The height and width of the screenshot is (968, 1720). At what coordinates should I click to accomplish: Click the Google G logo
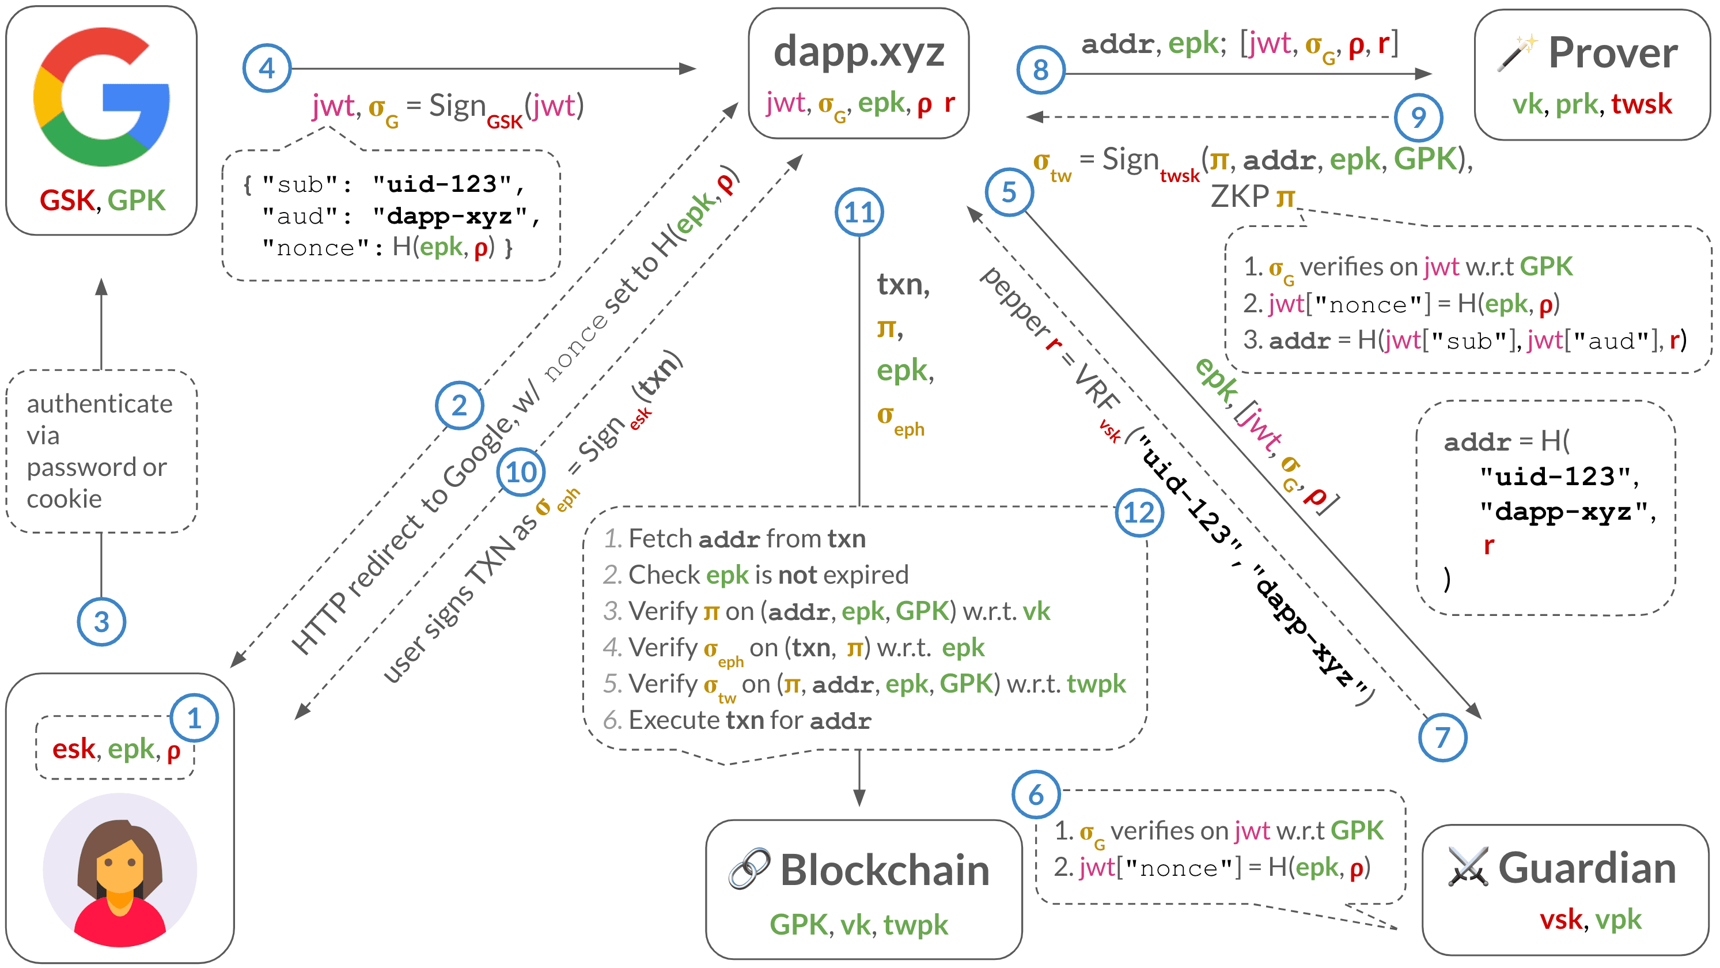(101, 97)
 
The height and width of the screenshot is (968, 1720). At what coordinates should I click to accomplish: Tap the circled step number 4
(267, 68)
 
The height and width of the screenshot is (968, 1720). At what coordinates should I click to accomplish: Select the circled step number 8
(1041, 70)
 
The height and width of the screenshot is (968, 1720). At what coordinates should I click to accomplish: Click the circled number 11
(859, 213)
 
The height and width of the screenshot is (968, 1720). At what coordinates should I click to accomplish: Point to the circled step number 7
(1442, 738)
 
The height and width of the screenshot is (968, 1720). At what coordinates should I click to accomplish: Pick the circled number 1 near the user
(194, 718)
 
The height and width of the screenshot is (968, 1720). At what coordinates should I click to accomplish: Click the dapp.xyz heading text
(859, 52)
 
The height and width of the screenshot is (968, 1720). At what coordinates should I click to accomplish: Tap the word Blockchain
(885, 871)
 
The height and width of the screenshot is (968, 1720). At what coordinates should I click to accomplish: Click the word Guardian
(1587, 868)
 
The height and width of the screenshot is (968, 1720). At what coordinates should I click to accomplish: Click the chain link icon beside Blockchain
(749, 869)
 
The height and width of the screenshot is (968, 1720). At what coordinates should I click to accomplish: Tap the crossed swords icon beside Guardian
(1468, 867)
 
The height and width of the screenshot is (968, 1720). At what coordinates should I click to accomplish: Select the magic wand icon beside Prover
(1516, 54)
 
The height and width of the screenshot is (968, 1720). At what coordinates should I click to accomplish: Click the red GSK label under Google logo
(67, 201)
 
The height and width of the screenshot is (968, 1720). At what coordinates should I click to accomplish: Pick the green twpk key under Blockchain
(915, 925)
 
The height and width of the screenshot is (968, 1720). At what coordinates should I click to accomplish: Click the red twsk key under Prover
(1641, 105)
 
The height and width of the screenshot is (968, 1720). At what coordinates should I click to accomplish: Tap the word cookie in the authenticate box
(64, 499)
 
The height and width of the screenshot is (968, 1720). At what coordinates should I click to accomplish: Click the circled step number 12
(1139, 513)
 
